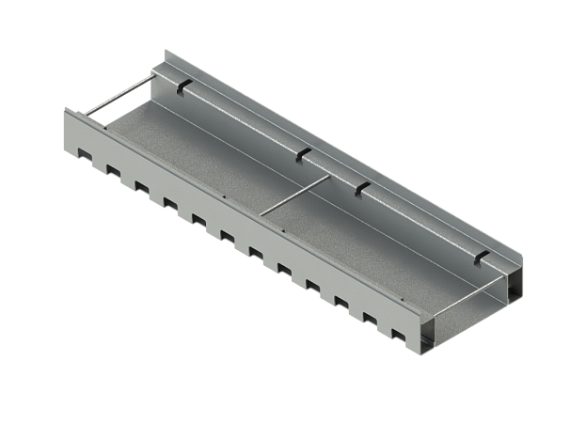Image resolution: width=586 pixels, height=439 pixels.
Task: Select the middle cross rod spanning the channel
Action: pyautogui.click(x=293, y=193)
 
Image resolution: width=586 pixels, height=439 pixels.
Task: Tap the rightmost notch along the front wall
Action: pyautogui.click(x=398, y=335)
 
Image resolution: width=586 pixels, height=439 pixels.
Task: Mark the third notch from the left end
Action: pyautogui.click(x=141, y=185)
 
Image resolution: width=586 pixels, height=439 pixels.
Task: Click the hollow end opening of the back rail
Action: pyautogui.click(x=515, y=287)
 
